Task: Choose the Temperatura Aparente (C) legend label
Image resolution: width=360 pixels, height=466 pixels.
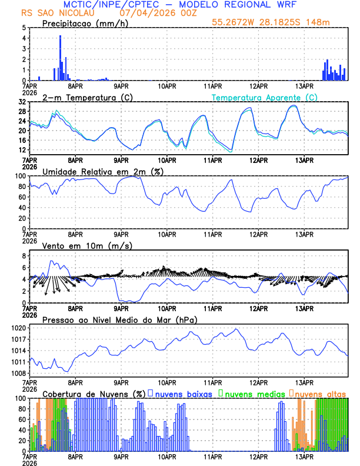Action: coord(265,98)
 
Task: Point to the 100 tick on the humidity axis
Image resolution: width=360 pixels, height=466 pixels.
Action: coord(19,176)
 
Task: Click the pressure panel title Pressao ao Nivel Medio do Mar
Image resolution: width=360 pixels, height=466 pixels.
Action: coord(119,319)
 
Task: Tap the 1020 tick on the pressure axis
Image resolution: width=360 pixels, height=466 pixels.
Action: coord(16,327)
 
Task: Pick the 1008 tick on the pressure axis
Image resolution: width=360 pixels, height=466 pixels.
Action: coord(16,373)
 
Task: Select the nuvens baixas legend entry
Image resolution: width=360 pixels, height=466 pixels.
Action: coord(182,393)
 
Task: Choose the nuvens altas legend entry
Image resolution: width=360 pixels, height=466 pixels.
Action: coord(319,393)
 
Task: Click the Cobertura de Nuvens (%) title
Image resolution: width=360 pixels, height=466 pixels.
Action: coord(93,393)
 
